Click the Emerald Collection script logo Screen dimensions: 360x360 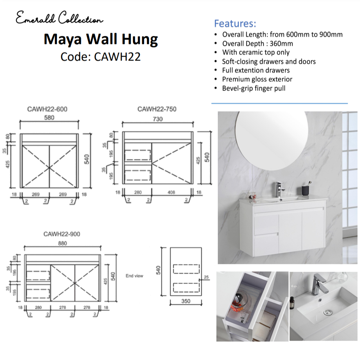tap(59, 18)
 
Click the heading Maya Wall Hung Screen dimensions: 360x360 tap(101, 39)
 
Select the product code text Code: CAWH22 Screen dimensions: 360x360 tap(101, 57)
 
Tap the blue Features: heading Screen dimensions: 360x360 tap(235, 24)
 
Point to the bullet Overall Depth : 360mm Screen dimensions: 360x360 tap(257, 43)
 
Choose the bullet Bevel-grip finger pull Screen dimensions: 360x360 tap(254, 88)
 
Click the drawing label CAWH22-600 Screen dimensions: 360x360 tap(47, 109)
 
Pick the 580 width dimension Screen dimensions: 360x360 tap(49, 118)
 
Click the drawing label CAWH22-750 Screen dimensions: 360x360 tap(157, 109)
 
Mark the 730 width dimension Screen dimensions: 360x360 tap(158, 119)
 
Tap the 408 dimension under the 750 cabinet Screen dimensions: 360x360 tap(171, 192)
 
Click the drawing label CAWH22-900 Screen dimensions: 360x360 tap(62, 234)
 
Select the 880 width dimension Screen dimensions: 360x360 tap(62, 243)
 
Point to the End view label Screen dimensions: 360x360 tap(134, 276)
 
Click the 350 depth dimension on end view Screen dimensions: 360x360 tap(186, 301)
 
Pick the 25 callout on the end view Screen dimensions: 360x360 tap(207, 277)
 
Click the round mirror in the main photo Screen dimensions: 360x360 tap(272, 140)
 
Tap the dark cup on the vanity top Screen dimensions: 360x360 tap(305, 190)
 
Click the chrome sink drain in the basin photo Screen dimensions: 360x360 tap(327, 312)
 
